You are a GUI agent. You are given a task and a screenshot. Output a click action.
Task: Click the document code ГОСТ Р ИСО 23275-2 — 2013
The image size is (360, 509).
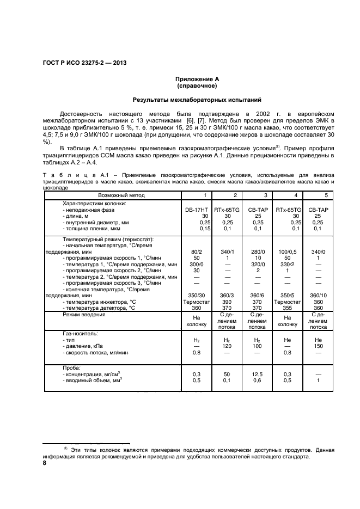point(84,63)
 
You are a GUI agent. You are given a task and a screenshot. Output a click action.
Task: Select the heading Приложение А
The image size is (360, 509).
point(197,79)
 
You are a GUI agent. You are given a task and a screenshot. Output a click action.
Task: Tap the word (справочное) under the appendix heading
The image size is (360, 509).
point(197,86)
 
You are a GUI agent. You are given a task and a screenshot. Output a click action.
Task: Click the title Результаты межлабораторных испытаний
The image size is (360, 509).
point(197,100)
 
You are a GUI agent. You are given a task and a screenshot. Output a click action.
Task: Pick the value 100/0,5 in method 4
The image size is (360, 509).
point(288,252)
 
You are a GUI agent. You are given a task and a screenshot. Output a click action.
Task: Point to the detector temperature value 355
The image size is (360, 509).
point(288,308)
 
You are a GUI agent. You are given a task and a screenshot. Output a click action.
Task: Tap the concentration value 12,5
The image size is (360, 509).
point(258,375)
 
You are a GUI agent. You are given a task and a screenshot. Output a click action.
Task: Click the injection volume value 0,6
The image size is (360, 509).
point(258,381)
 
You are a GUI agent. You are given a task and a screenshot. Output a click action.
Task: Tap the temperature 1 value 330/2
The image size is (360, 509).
point(288,264)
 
